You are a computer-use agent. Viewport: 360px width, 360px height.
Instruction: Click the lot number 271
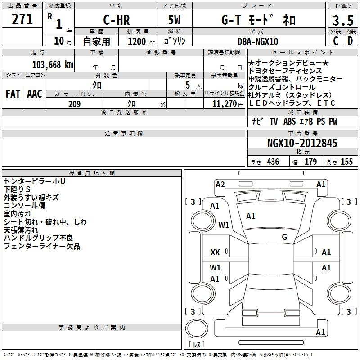coord(22,19)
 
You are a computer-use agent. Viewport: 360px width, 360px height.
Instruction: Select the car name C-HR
coord(116,20)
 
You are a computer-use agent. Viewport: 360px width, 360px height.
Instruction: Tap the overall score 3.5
coord(342,21)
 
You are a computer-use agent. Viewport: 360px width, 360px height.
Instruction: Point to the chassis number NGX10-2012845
coord(302,144)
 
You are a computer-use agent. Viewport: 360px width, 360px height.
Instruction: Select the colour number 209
coord(74,104)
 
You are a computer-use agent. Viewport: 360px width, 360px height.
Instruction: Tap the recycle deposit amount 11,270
coord(225,104)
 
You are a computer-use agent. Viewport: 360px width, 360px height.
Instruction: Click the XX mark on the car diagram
coord(215,252)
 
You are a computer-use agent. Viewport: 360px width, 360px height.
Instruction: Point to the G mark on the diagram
coord(284,237)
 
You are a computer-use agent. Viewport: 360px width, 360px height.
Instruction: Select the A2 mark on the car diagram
coord(220,184)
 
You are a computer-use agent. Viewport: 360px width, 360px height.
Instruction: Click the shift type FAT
coord(13,94)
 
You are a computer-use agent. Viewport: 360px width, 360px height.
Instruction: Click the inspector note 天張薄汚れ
coord(22,230)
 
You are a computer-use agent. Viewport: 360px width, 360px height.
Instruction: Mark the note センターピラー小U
coord(35,181)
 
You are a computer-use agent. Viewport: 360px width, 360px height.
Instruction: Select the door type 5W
coord(175,20)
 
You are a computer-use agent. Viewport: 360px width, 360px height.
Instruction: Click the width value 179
coord(311,162)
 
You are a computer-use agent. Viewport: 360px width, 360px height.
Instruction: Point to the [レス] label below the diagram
coord(196,345)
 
